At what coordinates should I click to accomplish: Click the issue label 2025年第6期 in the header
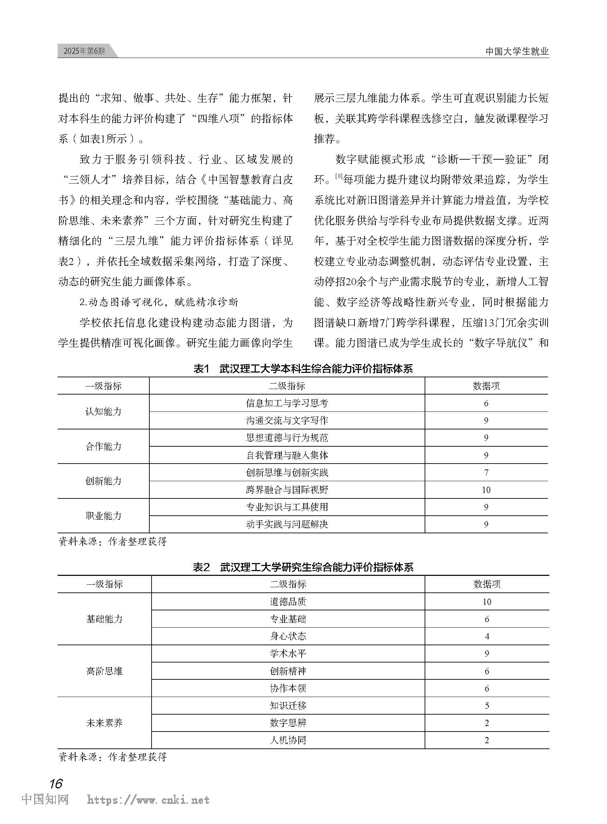tap(84, 51)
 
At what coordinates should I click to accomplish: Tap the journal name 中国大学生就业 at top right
tap(517, 51)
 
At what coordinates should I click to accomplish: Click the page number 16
tap(56, 784)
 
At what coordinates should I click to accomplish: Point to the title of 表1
tap(303, 369)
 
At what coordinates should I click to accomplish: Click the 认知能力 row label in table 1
tap(103, 411)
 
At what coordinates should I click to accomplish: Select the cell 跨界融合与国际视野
tap(287, 490)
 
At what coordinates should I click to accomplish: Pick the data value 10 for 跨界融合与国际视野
tap(486, 490)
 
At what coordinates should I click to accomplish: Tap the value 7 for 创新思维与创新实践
tap(486, 473)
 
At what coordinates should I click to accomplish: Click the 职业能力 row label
tap(103, 516)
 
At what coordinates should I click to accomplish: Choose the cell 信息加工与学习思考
tap(287, 403)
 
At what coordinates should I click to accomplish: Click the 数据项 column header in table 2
tap(487, 584)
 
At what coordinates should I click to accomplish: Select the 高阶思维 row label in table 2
tap(104, 671)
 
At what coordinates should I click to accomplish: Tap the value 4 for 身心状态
tap(487, 636)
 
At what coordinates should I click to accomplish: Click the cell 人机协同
tap(288, 740)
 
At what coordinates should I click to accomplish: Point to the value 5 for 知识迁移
tap(487, 706)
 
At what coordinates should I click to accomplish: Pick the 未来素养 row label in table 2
tap(104, 723)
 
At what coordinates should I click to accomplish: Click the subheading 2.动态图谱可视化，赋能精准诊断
tap(159, 302)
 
